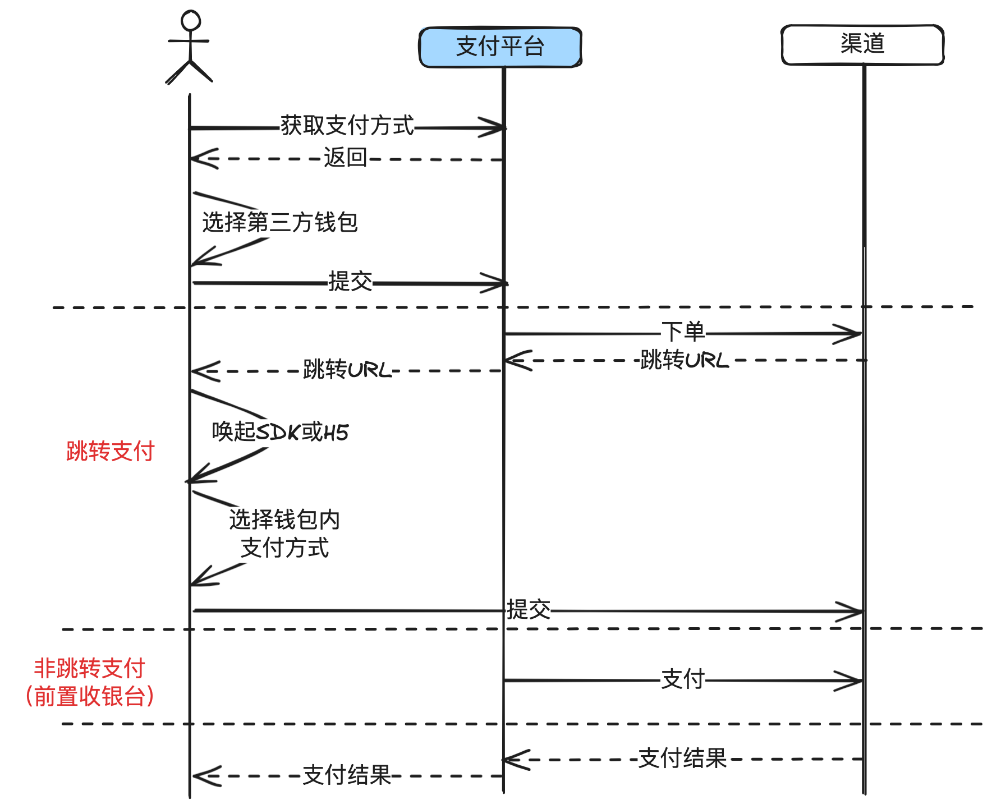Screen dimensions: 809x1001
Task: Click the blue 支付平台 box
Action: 500,47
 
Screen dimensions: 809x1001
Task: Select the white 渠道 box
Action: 862,44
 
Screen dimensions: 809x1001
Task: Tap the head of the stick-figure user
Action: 191,20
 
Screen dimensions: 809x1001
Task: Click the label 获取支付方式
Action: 347,126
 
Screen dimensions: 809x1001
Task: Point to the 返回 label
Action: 345,158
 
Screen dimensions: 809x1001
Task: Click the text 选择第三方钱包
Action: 280,223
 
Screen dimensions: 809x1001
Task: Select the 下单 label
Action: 683,332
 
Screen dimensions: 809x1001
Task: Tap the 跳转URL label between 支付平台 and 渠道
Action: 685,360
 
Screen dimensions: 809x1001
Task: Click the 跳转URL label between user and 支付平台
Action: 347,370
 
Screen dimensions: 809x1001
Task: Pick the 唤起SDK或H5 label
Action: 280,432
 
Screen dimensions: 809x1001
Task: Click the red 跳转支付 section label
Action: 110,451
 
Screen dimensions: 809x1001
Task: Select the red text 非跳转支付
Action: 90,668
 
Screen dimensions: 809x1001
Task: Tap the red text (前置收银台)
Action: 90,696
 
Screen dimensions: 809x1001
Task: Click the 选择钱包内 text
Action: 284,520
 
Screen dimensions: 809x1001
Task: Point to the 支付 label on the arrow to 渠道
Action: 683,679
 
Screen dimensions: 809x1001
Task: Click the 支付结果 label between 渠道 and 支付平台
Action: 682,759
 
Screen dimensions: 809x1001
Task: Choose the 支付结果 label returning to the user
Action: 347,775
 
